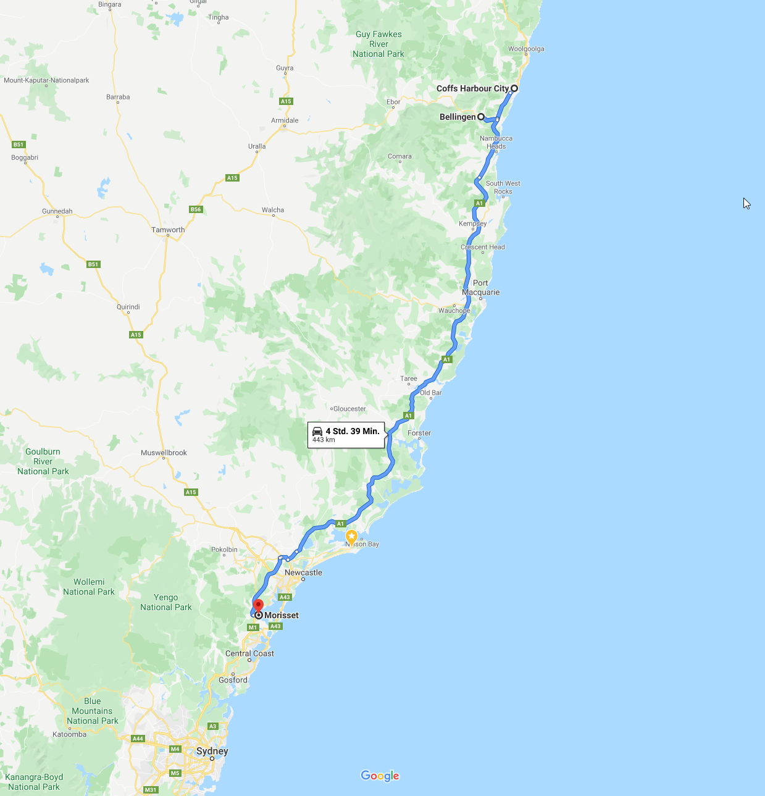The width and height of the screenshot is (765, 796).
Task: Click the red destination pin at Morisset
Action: tap(259, 605)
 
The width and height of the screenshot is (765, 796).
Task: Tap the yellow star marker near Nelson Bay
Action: tap(351, 536)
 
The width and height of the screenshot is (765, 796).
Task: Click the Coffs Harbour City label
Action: tap(472, 88)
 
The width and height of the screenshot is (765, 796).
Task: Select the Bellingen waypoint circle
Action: tap(481, 117)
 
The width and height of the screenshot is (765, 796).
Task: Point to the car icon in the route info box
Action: tap(317, 431)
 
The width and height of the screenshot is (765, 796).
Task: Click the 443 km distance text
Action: tap(324, 440)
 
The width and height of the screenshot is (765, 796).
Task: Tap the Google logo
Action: tap(380, 776)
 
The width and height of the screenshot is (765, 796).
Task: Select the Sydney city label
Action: tap(212, 751)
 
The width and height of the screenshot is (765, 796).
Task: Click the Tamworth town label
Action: tap(168, 230)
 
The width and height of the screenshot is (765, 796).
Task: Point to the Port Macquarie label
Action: tap(481, 288)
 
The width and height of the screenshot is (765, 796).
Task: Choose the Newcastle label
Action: tap(303, 572)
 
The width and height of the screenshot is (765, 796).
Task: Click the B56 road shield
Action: tap(196, 209)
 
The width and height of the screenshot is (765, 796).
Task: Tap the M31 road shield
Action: tap(151, 790)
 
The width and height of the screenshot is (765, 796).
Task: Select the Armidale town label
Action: tap(285, 120)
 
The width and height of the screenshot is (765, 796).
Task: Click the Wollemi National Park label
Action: tap(89, 587)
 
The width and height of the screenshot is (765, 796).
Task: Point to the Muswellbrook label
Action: tap(164, 453)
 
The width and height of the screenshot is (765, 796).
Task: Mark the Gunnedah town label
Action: tap(57, 211)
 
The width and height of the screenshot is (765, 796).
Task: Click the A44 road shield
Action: tap(138, 739)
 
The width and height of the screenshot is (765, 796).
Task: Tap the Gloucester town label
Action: tap(349, 409)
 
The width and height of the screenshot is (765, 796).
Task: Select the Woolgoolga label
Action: tap(526, 49)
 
